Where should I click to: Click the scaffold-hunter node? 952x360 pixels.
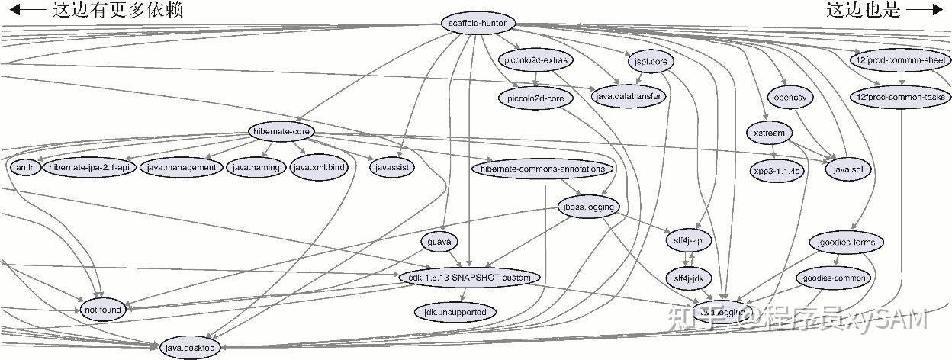(x=478, y=23)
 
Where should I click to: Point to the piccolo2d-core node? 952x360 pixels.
(x=535, y=98)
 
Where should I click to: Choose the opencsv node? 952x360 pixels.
(x=790, y=98)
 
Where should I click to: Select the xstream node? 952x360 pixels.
(x=768, y=133)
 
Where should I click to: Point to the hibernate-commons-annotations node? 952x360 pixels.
(x=542, y=169)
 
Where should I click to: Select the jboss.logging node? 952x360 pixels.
(x=588, y=206)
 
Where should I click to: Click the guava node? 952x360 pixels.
(x=439, y=242)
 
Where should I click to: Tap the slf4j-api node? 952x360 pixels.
(x=688, y=240)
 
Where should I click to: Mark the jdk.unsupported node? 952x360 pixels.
(x=455, y=312)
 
